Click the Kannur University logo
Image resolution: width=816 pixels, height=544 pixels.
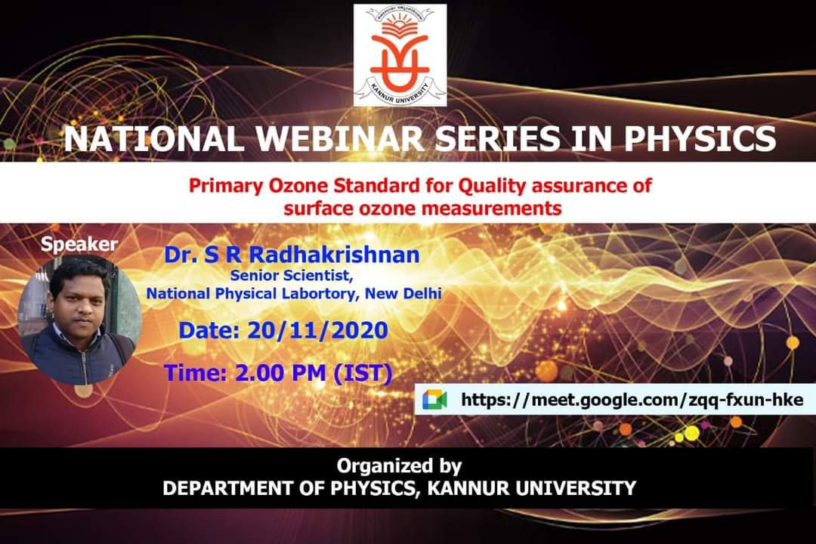tap(400, 55)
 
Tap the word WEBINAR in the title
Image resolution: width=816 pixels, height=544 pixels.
tap(339, 139)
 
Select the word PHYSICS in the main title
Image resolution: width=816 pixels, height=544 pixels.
tap(700, 139)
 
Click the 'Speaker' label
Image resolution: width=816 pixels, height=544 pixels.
tap(79, 244)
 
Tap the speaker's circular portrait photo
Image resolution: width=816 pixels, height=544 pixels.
tap(79, 320)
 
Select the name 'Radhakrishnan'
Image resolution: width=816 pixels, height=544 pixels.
tap(334, 255)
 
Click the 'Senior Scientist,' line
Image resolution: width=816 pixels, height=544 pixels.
tap(292, 275)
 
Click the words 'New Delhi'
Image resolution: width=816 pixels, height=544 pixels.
tap(403, 294)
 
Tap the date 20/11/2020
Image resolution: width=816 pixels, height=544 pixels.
tap(317, 331)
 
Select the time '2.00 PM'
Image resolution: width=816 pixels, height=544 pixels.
tap(280, 372)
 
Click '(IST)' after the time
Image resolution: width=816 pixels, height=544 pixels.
tap(363, 373)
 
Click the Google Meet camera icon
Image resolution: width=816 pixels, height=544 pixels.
tap(434, 399)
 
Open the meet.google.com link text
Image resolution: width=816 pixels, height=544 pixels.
tap(632, 400)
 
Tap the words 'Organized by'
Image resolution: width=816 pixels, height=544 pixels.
tap(399, 466)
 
